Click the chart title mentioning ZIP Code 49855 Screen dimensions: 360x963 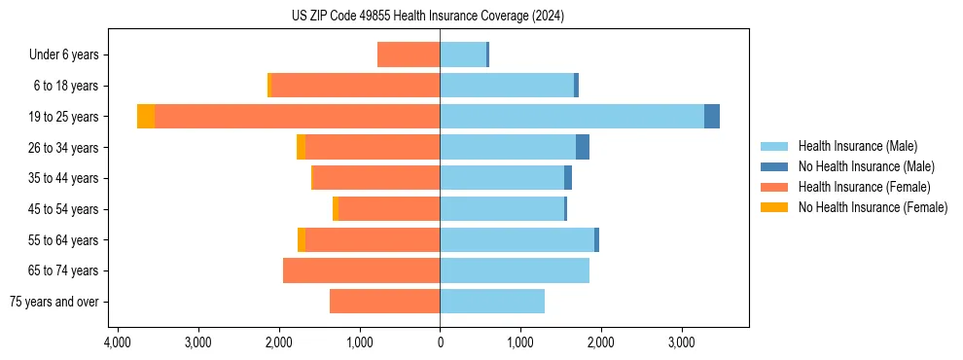pos(427,17)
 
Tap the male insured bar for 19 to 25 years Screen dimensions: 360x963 pos(572,117)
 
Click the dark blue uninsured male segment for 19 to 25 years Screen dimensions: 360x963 pos(712,117)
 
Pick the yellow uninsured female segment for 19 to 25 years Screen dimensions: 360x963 pos(146,117)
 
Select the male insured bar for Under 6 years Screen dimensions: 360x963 pos(463,54)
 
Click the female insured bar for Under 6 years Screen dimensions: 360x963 pos(409,54)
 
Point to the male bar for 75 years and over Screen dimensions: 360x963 pos(492,302)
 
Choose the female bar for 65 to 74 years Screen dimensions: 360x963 pos(362,270)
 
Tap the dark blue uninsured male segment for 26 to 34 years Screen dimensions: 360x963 pos(583,147)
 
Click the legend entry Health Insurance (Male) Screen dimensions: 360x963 pos(857,146)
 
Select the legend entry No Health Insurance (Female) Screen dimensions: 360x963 pos(873,207)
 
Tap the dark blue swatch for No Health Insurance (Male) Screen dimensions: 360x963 pos(774,166)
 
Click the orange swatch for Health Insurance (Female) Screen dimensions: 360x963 pos(774,187)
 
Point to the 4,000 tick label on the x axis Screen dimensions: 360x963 pos(117,342)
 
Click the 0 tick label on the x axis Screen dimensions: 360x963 pos(440,342)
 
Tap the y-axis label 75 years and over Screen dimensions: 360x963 pos(54,302)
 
